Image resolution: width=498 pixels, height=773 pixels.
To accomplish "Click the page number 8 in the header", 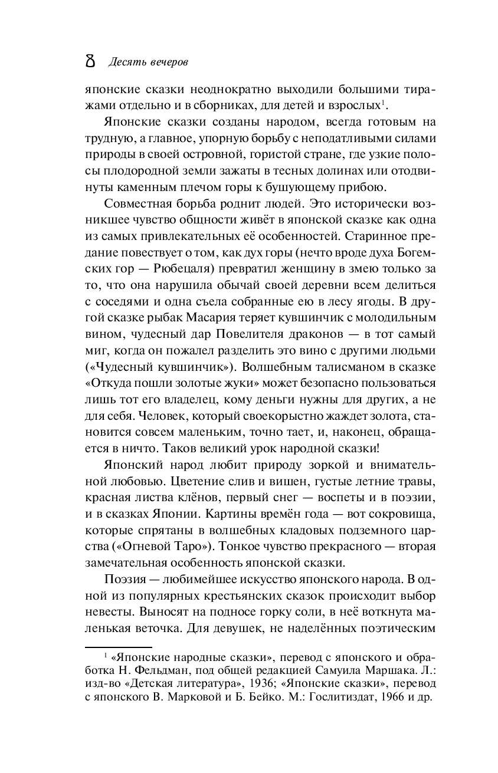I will [x=90, y=61].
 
